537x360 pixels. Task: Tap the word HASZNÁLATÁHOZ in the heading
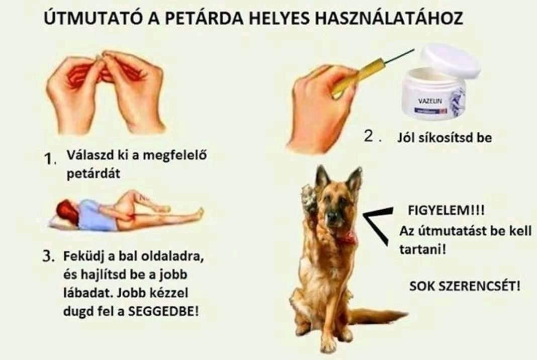389,18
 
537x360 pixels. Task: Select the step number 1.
50,158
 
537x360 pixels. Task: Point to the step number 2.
371,136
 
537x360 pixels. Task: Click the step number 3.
48,256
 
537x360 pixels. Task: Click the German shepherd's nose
331,216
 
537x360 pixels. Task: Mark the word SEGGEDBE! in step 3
163,311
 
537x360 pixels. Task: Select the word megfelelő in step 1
174,155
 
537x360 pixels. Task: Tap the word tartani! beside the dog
423,249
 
